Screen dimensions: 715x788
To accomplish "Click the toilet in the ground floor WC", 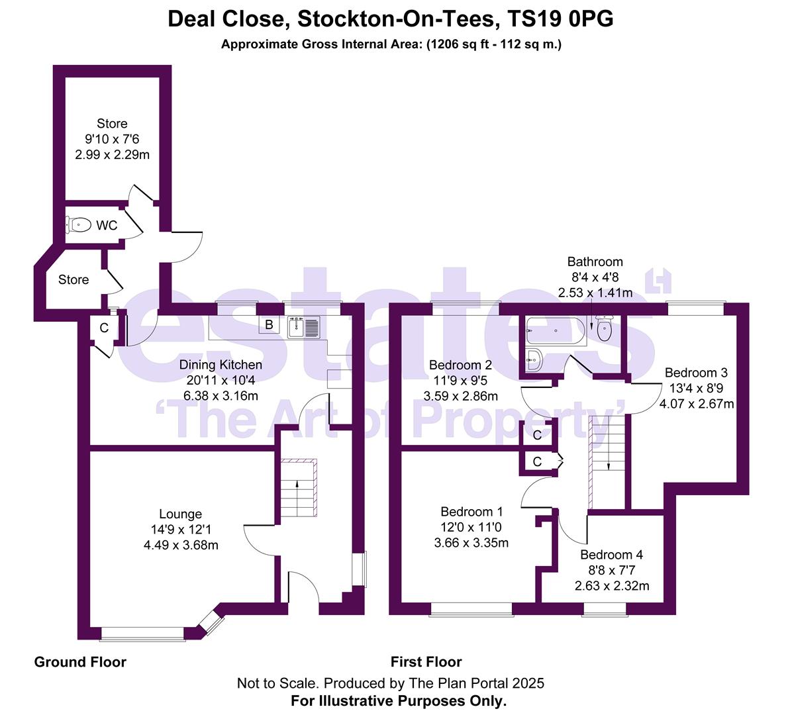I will click(79, 225).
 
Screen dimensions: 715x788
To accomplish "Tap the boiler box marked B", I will click(269, 324).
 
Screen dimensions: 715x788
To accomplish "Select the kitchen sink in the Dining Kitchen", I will click(304, 326).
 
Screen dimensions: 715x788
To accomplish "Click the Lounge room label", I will click(180, 514).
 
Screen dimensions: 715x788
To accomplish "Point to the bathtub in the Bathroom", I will click(555, 328).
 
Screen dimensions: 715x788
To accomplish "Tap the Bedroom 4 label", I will click(611, 555).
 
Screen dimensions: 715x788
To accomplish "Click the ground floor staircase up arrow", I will click(297, 485).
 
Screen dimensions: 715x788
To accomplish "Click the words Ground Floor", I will click(80, 661).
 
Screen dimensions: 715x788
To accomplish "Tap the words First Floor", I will click(426, 661).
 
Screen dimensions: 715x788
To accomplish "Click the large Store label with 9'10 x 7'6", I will click(112, 124).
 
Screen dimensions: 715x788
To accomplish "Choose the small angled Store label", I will click(74, 279).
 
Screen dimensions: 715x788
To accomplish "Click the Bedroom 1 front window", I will click(471, 608).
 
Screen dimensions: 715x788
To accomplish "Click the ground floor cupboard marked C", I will click(104, 328).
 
